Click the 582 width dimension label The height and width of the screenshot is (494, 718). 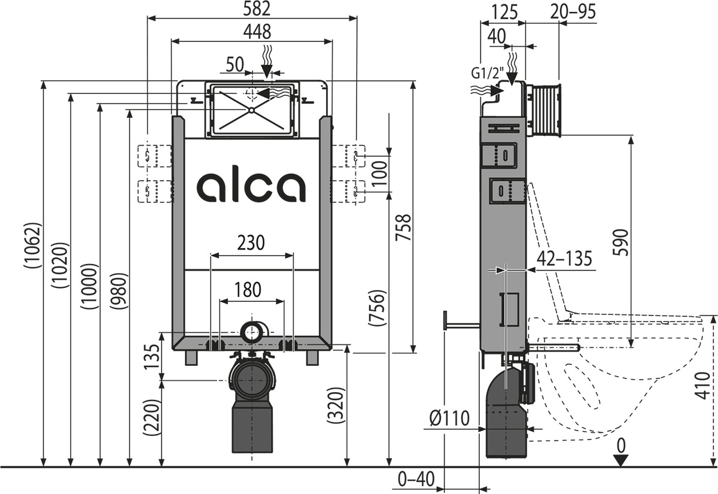pyautogui.click(x=252, y=8)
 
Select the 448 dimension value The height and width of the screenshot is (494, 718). pyautogui.click(x=252, y=31)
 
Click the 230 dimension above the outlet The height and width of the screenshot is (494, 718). pyautogui.click(x=252, y=243)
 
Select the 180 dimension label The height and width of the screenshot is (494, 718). pyautogui.click(x=247, y=289)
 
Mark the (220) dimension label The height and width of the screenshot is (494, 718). pyautogui.click(x=153, y=417)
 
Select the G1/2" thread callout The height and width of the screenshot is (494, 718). pyautogui.click(x=486, y=74)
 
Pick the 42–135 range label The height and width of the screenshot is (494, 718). pyautogui.click(x=565, y=259)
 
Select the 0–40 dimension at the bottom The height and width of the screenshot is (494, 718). pyautogui.click(x=415, y=480)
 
